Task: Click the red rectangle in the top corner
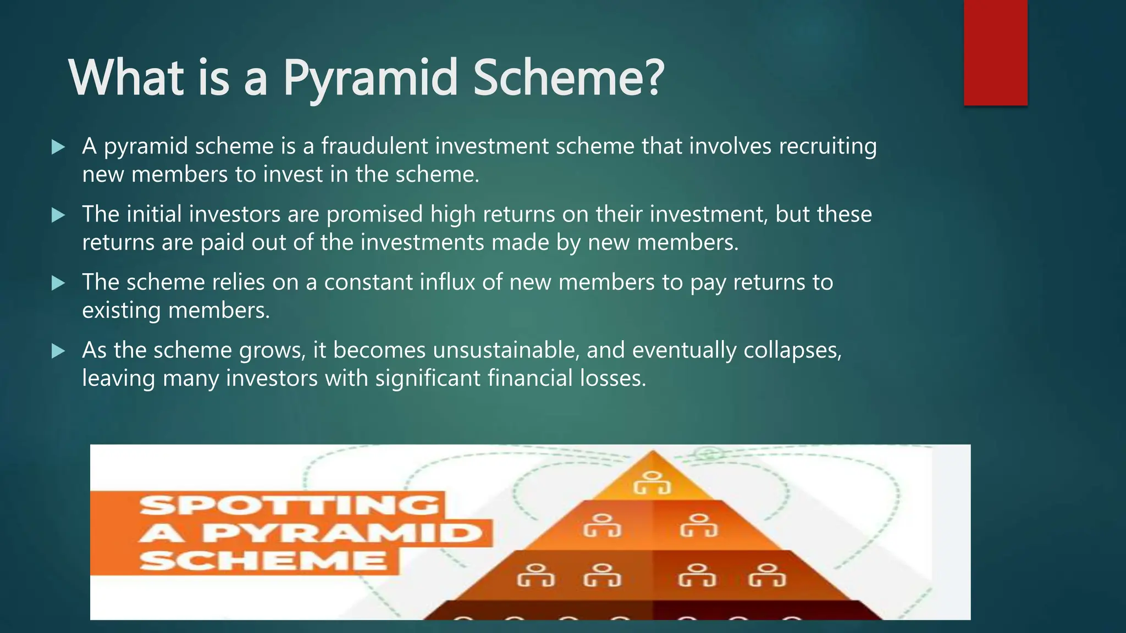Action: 995,52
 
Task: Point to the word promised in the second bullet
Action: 374,214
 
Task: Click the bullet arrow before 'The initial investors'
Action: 58,215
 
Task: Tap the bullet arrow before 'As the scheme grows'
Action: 58,351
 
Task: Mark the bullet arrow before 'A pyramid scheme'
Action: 58,147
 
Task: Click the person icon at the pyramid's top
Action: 652,483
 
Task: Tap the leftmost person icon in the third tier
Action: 536,575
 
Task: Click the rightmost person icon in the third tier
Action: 768,575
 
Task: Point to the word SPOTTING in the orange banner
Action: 290,504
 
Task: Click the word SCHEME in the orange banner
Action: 263,560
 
